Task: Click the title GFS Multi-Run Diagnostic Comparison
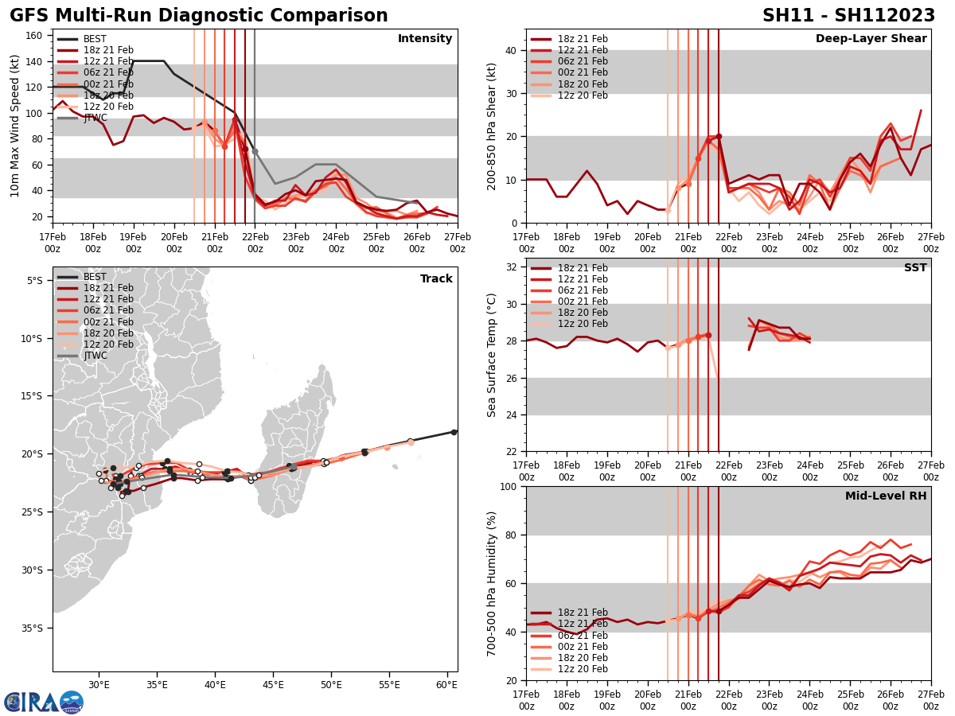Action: click(x=199, y=16)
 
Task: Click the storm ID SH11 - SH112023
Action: click(x=848, y=16)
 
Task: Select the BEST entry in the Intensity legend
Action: click(x=95, y=39)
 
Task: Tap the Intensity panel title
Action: click(x=425, y=39)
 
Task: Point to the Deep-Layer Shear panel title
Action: click(x=871, y=39)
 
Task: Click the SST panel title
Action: click(x=915, y=268)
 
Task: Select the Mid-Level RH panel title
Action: click(x=886, y=496)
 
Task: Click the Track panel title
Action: click(x=436, y=279)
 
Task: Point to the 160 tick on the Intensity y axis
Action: click(x=35, y=36)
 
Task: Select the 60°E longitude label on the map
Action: click(x=446, y=685)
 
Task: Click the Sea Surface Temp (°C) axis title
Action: click(x=492, y=355)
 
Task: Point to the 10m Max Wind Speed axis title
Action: click(x=15, y=126)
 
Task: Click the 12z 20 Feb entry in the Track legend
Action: click(x=108, y=344)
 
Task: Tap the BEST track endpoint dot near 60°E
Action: click(x=454, y=432)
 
